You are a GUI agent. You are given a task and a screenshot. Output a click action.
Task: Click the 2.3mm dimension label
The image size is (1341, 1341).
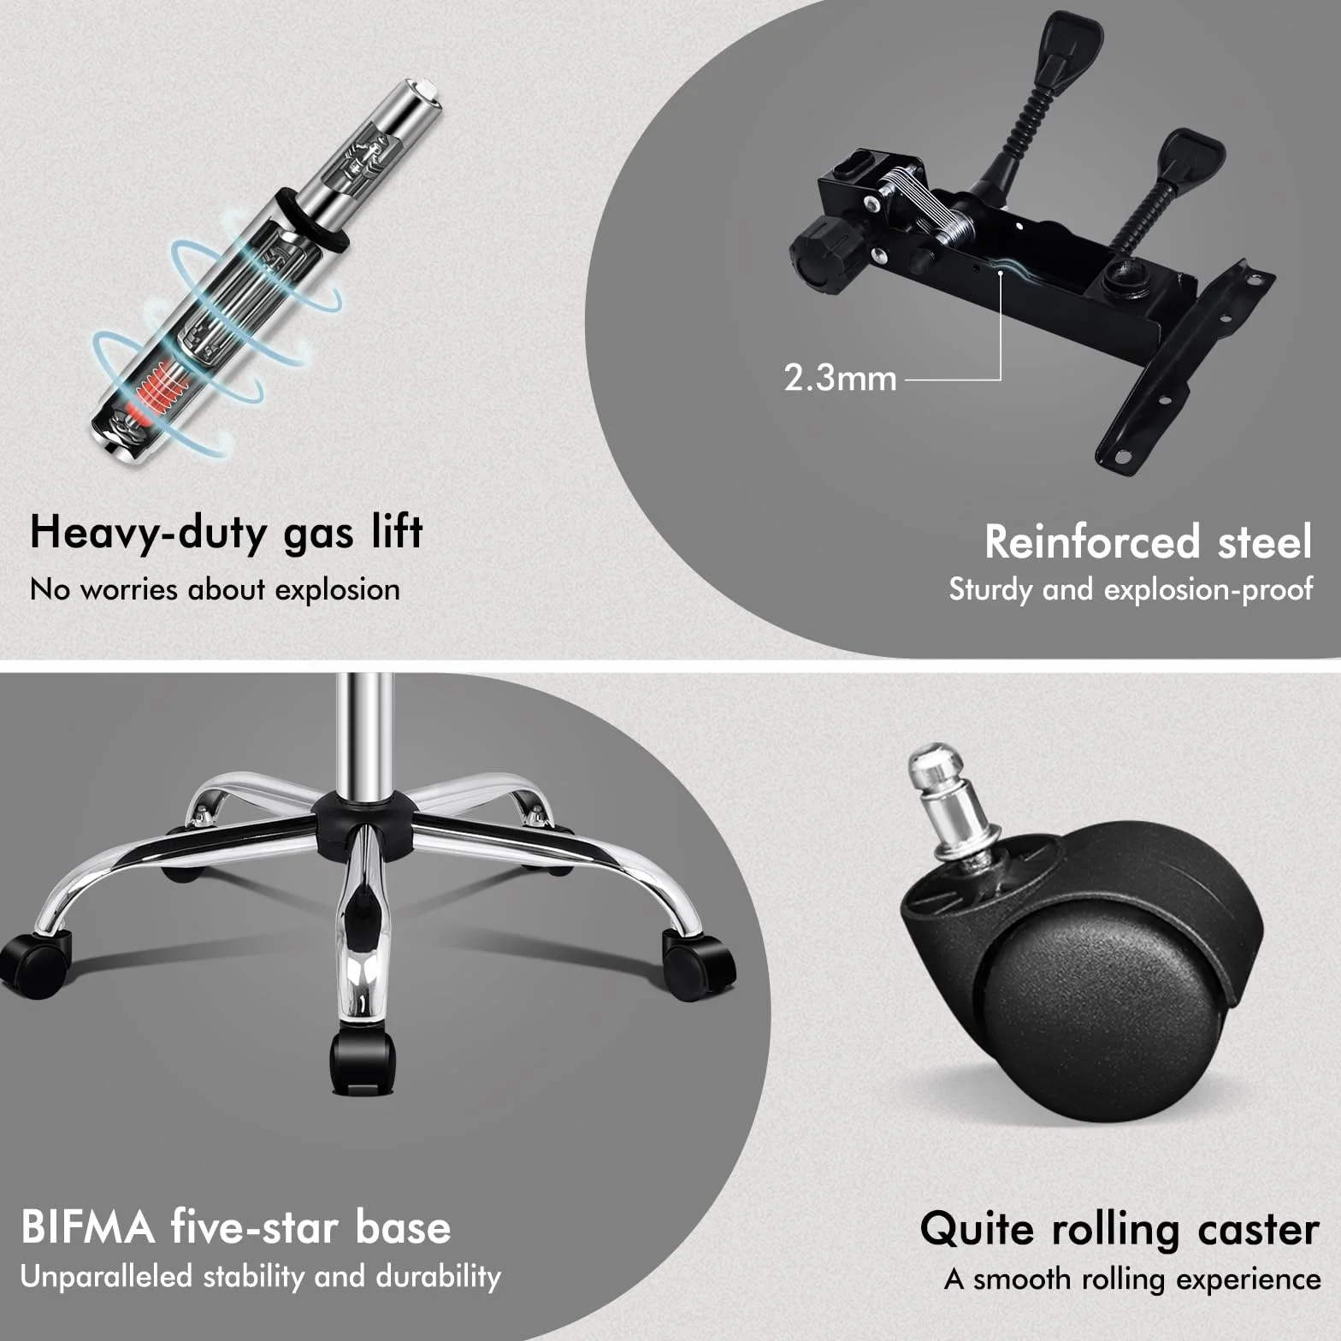click(840, 377)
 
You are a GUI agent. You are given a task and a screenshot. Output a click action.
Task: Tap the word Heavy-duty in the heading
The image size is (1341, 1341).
click(149, 533)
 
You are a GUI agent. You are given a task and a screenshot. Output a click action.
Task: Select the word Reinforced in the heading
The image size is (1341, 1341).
click(1092, 541)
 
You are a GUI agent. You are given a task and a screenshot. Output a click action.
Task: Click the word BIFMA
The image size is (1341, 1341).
click(88, 1227)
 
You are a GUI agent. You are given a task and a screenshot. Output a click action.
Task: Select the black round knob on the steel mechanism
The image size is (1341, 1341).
click(821, 253)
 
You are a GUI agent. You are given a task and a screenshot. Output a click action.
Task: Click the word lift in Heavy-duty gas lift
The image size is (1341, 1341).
click(397, 531)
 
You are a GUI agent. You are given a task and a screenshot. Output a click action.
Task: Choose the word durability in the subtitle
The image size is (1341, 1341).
click(438, 1277)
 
